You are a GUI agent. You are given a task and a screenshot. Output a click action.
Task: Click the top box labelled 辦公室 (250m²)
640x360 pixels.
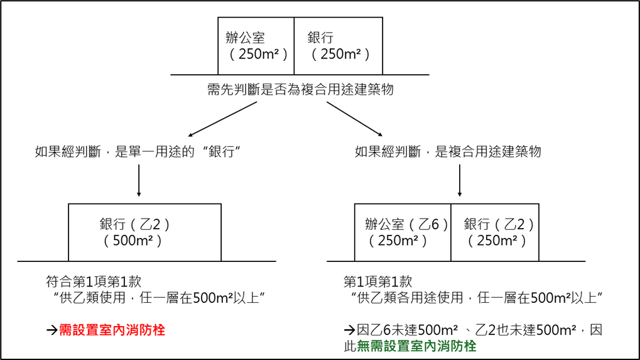tap(256, 46)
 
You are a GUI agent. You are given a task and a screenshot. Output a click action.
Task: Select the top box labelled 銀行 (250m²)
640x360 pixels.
tap(338, 46)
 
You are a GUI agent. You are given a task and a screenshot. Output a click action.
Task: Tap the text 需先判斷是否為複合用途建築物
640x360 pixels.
tap(300, 89)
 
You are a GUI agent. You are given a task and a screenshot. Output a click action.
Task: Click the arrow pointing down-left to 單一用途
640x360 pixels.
tap(223, 119)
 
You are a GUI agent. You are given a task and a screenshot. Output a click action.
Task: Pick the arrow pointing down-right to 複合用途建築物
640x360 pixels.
tap(354, 117)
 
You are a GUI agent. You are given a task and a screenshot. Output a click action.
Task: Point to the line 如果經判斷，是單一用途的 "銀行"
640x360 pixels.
tap(139, 152)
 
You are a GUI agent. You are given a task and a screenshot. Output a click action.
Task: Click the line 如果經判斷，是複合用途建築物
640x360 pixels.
tap(448, 152)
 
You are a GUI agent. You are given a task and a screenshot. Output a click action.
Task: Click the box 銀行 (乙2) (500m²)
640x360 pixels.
tap(144, 232)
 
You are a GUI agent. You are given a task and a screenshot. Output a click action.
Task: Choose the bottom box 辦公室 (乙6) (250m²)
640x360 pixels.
tap(403, 232)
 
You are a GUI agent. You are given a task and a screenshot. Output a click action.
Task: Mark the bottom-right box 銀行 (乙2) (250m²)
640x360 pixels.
tap(495, 232)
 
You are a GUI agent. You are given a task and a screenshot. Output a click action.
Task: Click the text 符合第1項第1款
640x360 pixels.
tap(98, 281)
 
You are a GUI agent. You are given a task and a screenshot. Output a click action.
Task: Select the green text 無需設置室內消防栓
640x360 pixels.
tap(416, 346)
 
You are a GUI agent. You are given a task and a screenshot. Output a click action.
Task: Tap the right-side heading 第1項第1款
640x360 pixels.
tap(378, 281)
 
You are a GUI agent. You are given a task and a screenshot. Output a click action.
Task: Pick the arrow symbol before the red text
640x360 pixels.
tap(52, 330)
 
